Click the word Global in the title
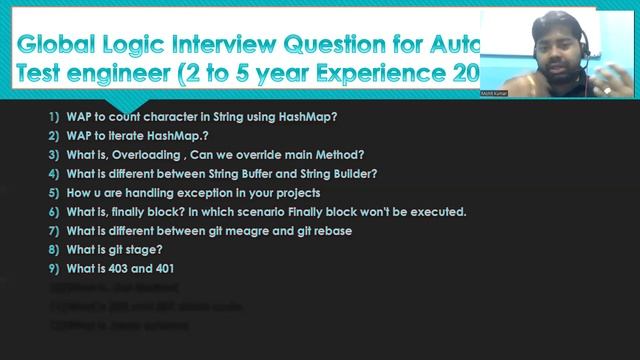(59, 46)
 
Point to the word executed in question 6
(438, 211)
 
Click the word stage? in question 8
(152, 249)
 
